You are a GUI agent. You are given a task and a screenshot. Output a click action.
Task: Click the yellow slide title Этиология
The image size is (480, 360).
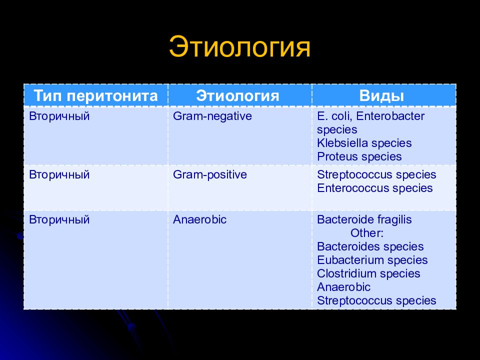(x=239, y=47)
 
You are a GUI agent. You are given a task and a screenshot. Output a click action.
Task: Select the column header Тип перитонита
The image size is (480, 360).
(x=95, y=95)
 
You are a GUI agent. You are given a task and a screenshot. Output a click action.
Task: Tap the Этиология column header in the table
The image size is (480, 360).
(x=237, y=95)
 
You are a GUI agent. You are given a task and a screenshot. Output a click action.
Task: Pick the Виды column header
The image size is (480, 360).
(x=381, y=96)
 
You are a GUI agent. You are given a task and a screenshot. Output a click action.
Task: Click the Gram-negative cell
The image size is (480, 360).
(x=212, y=116)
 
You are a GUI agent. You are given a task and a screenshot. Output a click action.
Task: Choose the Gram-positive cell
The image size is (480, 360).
(x=209, y=175)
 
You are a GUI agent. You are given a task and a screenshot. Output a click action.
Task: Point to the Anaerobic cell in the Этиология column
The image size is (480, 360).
(x=199, y=219)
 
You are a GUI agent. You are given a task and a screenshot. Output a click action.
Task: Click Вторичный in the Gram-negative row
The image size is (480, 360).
(x=59, y=116)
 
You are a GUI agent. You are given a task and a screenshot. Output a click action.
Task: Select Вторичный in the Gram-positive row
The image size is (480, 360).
(x=59, y=175)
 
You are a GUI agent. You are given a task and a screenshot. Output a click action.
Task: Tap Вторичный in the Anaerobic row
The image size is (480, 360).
(x=59, y=220)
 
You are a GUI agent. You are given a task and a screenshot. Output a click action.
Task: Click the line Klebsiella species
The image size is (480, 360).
(x=364, y=143)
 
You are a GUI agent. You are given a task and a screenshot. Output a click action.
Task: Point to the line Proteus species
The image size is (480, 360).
(x=359, y=156)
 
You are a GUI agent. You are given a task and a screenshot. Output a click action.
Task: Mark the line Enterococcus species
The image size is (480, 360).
(x=374, y=188)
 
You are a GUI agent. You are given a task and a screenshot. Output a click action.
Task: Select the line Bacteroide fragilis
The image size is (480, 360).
(x=364, y=220)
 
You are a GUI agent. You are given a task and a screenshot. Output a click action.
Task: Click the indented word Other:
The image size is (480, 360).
(x=366, y=233)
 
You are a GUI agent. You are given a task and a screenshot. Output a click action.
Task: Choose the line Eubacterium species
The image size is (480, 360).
(x=372, y=260)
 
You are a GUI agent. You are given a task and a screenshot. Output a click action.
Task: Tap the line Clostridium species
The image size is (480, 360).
(x=368, y=273)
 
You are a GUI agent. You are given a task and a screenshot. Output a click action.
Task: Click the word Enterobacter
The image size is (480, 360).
(x=390, y=116)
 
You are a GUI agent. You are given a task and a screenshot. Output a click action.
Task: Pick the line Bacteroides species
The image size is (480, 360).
(x=370, y=246)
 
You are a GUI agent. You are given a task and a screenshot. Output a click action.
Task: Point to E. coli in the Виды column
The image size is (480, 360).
(x=335, y=116)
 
